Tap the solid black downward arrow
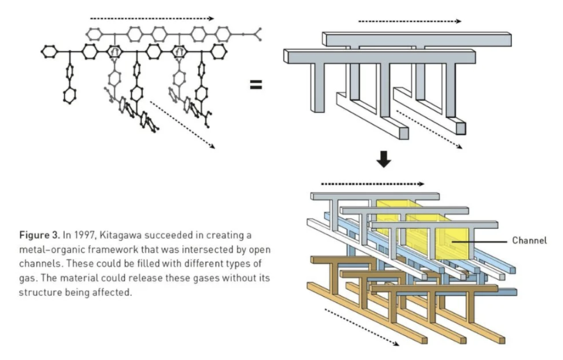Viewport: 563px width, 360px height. (383, 160)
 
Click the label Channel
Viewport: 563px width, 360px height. (529, 241)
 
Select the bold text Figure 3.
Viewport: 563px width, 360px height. (39, 234)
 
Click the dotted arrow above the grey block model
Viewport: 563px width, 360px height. (409, 21)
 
